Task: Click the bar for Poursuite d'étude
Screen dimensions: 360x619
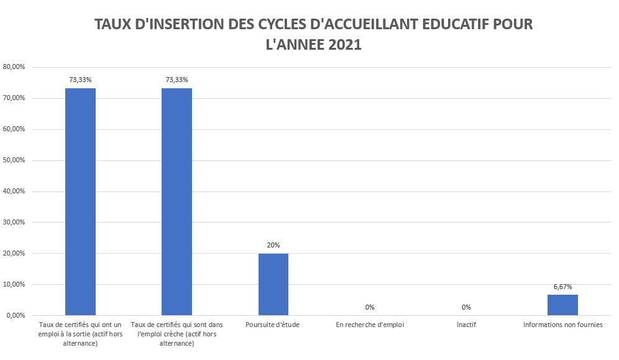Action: pyautogui.click(x=273, y=284)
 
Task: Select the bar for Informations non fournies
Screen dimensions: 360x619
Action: pyautogui.click(x=562, y=305)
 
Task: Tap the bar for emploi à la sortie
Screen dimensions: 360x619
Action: pyautogui.click(x=80, y=201)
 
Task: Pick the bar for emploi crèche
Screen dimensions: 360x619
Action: pyautogui.click(x=177, y=201)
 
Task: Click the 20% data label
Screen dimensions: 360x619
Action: pyautogui.click(x=273, y=245)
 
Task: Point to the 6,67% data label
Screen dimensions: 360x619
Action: pyautogui.click(x=562, y=287)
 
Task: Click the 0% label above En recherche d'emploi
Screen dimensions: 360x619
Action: pyautogui.click(x=370, y=307)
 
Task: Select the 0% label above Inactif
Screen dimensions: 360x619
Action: pyautogui.click(x=466, y=307)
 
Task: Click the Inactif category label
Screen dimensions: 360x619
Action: pyautogui.click(x=466, y=325)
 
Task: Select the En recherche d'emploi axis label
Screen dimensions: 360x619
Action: pyautogui.click(x=370, y=325)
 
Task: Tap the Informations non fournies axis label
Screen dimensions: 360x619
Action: pyautogui.click(x=562, y=325)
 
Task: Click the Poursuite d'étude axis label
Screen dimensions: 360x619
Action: pyautogui.click(x=273, y=325)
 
